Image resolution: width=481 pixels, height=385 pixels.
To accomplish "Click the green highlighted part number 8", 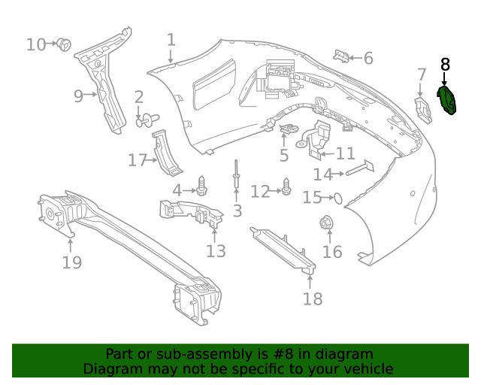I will pos(448,101).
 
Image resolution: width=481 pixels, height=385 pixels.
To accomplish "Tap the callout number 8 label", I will pos(445,65).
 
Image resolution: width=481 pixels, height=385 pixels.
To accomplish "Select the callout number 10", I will pos(36,45).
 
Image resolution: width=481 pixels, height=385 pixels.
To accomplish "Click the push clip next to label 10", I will pos(65,45).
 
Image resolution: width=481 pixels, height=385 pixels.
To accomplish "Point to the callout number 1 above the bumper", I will pos(171,40).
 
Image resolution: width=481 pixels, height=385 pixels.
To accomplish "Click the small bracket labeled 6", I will pos(342,55).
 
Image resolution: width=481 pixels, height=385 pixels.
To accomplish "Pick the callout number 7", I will pos(422,74).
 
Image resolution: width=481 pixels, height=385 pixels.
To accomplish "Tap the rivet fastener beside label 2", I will pos(148,118).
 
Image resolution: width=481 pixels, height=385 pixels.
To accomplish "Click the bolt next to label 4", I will pos(202,186).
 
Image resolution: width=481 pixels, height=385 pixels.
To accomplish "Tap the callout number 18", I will pos(312,299).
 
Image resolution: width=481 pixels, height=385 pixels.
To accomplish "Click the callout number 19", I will pos(71,262).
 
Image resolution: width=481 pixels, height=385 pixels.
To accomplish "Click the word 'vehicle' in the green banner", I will pos(366,369).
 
